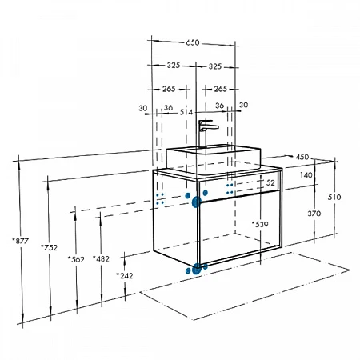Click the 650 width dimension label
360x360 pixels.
[193, 42]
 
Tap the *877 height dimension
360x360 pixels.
[21, 241]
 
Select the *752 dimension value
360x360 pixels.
[49, 247]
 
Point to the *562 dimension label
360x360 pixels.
[76, 259]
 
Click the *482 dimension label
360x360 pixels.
[101, 258]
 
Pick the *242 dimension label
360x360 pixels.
[125, 275]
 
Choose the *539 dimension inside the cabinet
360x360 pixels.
[260, 225]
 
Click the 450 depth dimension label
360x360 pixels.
[302, 157]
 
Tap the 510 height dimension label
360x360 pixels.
[334, 197]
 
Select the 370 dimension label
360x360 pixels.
[314, 214]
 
